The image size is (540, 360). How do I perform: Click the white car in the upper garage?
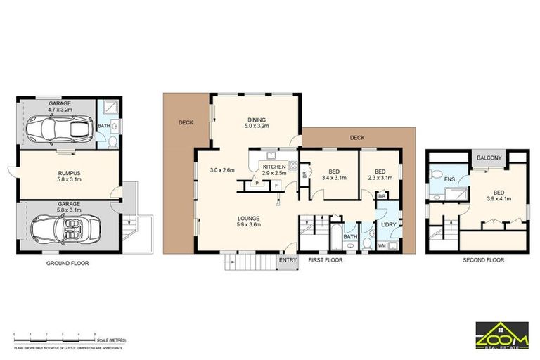point(59,128)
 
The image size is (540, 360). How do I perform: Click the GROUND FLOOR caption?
point(68,264)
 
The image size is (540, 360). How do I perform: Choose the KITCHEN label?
point(274,167)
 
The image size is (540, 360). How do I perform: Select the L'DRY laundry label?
point(389,224)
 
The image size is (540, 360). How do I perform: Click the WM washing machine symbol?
point(382,245)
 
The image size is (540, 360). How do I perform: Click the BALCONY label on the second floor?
point(489,158)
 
